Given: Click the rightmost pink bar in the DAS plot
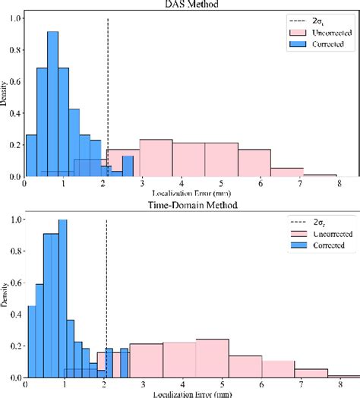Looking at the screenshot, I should click(321, 174).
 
